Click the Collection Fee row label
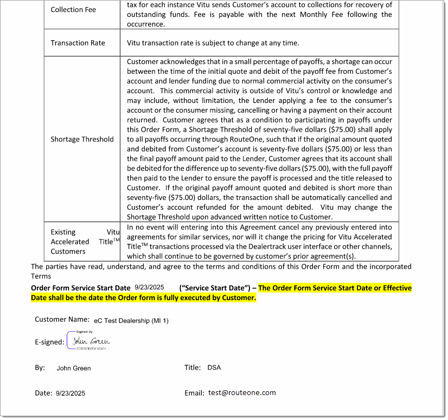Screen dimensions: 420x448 73,10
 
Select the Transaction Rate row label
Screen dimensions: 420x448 78,43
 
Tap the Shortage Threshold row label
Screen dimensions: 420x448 82,139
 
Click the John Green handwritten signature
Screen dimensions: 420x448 91,341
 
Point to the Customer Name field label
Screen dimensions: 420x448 62,319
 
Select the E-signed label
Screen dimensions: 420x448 49,342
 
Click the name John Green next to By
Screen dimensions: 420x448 74,368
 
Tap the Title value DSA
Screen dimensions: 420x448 214,367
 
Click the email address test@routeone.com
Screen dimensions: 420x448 242,393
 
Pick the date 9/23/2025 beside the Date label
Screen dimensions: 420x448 70,393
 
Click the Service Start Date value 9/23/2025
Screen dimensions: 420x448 149,287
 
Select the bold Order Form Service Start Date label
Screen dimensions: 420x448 80,288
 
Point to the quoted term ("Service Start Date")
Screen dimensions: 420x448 215,288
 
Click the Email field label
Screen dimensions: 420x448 194,393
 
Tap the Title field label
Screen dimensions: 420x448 193,367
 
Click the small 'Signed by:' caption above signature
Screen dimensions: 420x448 85,332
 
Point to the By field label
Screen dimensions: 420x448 40,367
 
